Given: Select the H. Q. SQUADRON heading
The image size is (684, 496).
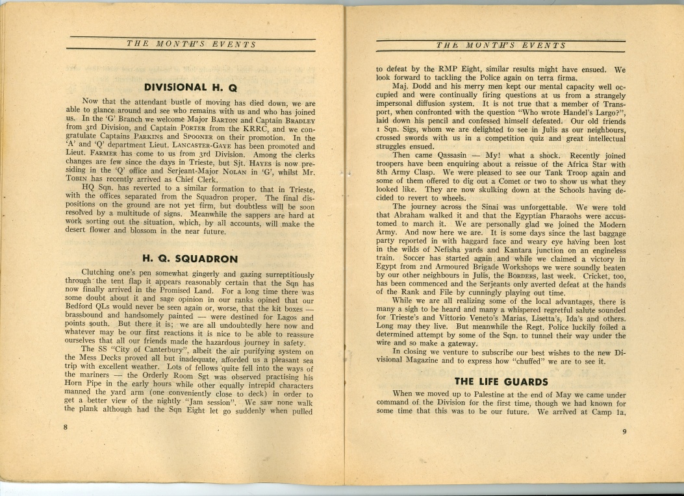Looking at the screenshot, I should click(190, 258).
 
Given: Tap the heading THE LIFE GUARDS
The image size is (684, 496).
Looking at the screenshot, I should click(501, 380).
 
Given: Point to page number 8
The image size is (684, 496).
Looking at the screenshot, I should click(66, 427).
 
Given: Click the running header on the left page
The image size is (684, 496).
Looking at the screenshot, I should click(191, 45).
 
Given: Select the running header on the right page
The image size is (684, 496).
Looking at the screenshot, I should click(501, 45).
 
